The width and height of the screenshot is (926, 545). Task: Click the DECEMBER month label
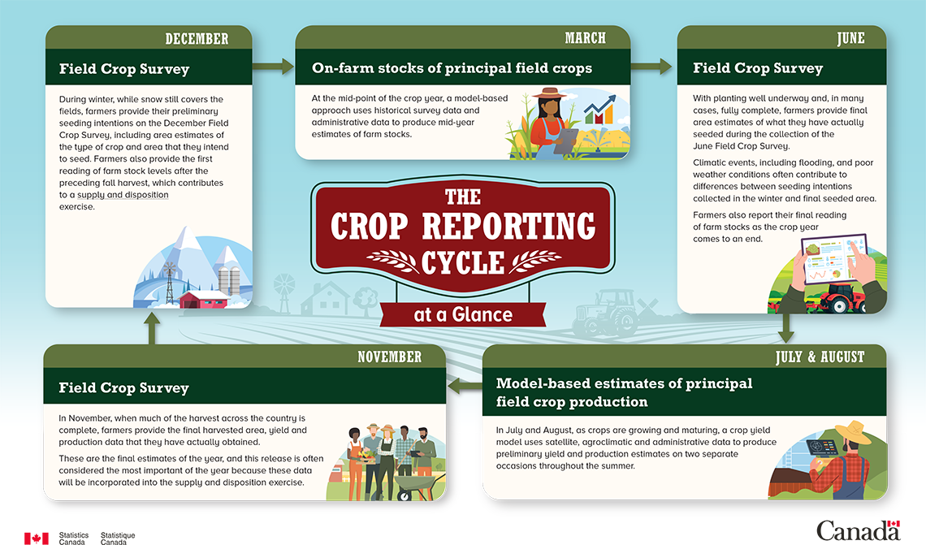[x=197, y=39]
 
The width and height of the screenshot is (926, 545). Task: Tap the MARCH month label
[x=585, y=38]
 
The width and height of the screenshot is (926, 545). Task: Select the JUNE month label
[x=850, y=38]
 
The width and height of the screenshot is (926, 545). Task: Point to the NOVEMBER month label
[x=390, y=357]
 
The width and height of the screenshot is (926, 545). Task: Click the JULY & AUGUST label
[x=820, y=357]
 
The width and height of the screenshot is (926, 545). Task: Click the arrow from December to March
[x=274, y=66]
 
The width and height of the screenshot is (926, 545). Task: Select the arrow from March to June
[x=651, y=66]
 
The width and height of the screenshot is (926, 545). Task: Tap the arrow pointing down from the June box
[x=786, y=328]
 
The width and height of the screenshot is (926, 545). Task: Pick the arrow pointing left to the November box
[x=465, y=387]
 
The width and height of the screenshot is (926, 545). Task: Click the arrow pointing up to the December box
[x=152, y=327]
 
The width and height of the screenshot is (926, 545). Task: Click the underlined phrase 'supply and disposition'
[x=123, y=195]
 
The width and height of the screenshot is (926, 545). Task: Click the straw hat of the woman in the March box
[x=549, y=93]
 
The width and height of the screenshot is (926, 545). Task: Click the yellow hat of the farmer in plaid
[x=854, y=431]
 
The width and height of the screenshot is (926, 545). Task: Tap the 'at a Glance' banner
[x=463, y=314]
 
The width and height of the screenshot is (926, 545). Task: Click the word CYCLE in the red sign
[x=463, y=263]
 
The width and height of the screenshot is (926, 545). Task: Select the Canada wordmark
[x=858, y=531]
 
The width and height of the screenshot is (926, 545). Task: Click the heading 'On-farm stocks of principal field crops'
[x=452, y=68]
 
